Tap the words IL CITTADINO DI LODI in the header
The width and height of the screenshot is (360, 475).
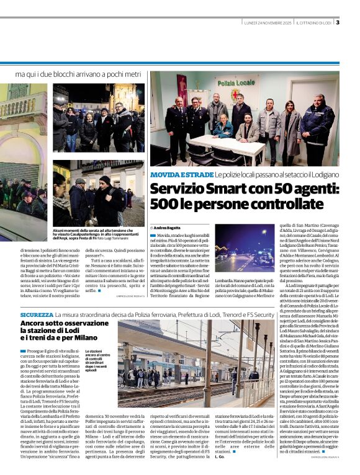(x=314, y=23)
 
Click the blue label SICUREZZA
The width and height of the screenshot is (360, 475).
(x=36, y=315)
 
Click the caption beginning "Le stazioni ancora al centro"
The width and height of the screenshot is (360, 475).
(x=98, y=360)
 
